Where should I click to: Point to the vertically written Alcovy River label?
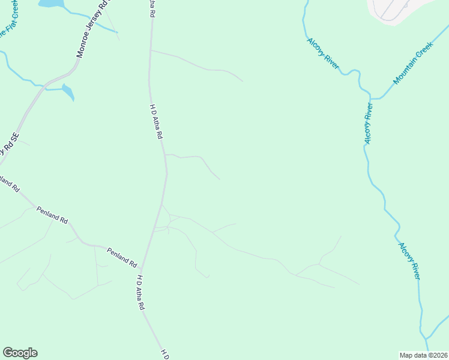click(368, 123)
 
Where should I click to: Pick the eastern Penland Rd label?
click(122, 257)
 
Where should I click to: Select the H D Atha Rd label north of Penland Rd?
click(156, 121)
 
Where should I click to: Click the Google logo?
click(20, 353)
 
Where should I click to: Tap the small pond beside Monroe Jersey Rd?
click(68, 92)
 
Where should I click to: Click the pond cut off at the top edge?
click(50, 4)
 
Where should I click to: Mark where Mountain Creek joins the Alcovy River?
click(372, 98)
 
